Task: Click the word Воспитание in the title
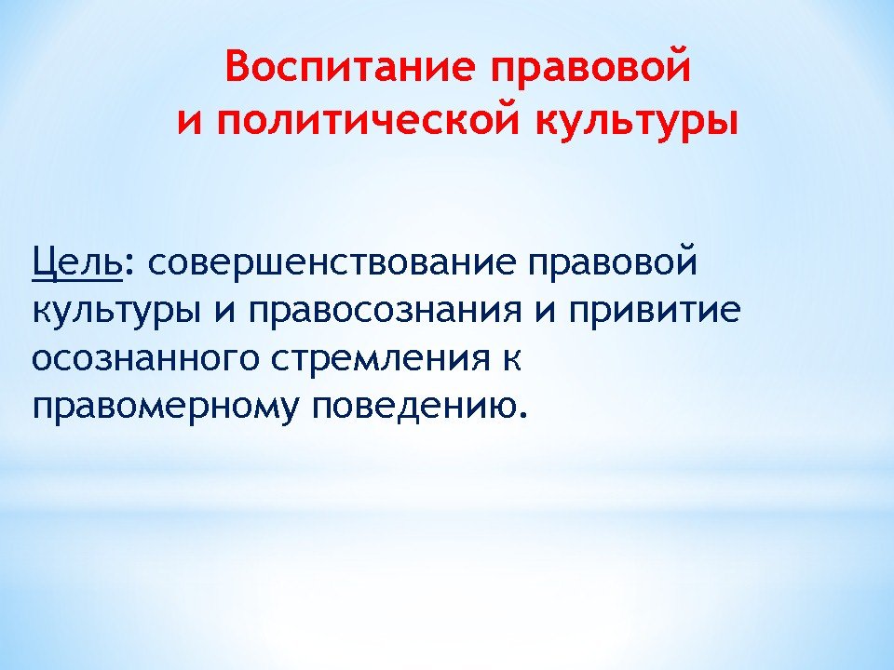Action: coord(349,67)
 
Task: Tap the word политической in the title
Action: coord(369,120)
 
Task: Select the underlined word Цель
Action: coord(77,263)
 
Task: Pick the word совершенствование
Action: coord(332,263)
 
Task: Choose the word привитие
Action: coord(655,313)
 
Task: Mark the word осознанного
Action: coord(146,360)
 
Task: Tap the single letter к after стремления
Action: coord(511,360)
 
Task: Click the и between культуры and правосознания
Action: coord(225,313)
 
